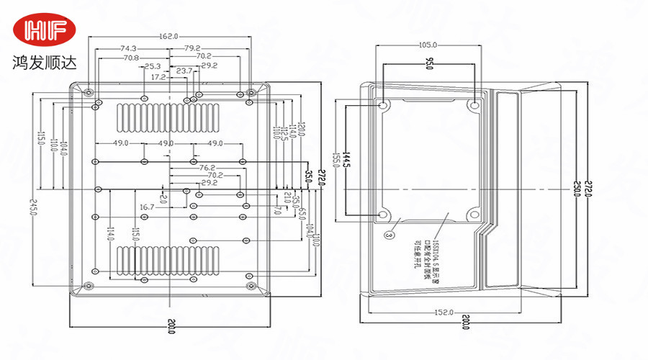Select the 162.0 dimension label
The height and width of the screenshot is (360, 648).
(x=168, y=37)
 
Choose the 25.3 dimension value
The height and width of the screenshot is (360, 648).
(x=153, y=66)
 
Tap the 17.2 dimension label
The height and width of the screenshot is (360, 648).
(x=158, y=76)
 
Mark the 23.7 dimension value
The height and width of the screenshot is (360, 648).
(x=184, y=71)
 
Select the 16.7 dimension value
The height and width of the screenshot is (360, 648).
(x=146, y=207)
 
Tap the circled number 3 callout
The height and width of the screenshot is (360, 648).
(x=390, y=235)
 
